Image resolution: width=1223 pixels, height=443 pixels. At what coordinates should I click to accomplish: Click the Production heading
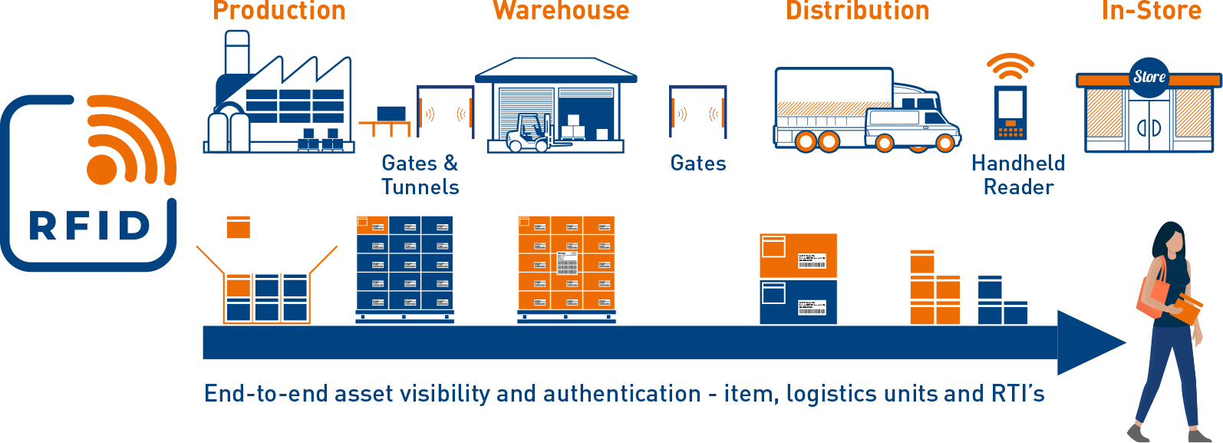279,11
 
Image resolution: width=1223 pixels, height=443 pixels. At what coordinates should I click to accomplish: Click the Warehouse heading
561,11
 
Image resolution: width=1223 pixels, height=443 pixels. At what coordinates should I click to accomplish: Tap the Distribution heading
857,11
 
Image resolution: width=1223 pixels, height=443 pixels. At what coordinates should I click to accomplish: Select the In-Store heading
1151,11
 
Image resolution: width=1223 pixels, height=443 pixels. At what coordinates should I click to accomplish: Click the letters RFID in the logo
90,226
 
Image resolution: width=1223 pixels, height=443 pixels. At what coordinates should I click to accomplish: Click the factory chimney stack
236,54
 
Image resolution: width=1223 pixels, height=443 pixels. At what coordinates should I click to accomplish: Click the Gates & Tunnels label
420,174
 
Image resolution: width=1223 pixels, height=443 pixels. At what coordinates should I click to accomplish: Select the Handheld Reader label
1018,174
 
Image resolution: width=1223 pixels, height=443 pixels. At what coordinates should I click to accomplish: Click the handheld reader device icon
1010,113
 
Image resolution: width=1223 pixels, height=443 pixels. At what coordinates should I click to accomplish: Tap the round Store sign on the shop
1149,77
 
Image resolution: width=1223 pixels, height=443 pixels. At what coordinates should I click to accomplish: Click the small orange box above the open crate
238,227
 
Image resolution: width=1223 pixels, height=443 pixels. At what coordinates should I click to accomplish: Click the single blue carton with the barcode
798,302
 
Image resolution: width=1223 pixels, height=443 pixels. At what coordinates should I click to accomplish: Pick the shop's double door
1149,127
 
